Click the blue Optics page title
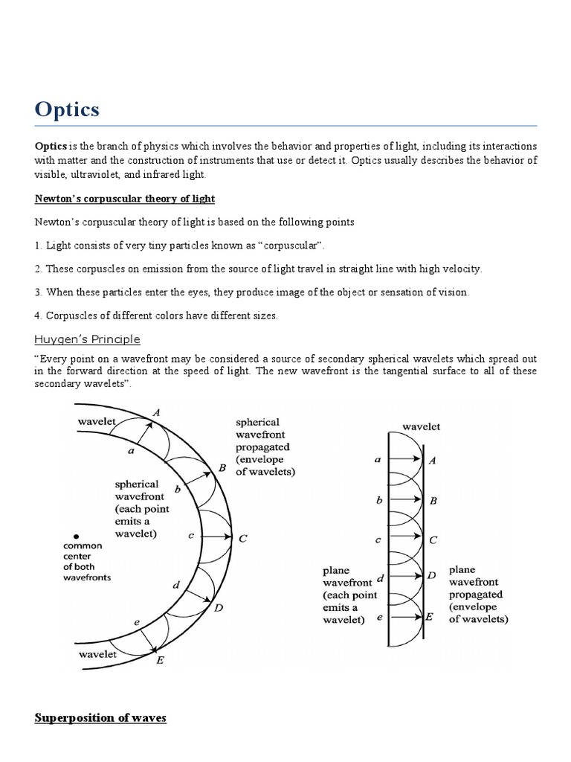[67, 109]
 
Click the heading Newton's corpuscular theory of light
[125, 198]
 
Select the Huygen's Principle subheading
[87, 339]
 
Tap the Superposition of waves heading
[100, 717]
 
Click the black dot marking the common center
[75, 536]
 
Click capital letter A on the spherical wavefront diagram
[156, 412]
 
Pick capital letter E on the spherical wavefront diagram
[160, 659]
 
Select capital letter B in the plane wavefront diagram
[433, 501]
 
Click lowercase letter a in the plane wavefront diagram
[378, 461]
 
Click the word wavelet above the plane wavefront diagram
[421, 426]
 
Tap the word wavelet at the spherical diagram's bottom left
[97, 654]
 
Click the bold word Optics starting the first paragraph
[51, 147]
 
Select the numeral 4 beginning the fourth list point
[38, 316]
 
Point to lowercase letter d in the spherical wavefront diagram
[176, 585]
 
